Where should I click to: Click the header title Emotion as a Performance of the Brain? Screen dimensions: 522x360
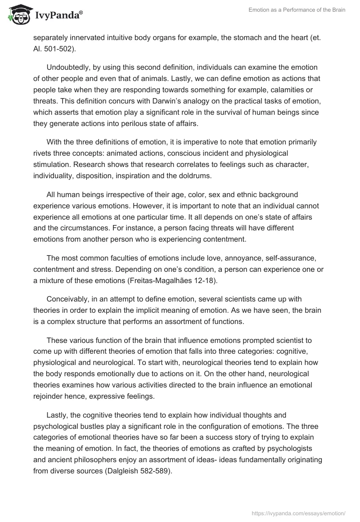(297, 10)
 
